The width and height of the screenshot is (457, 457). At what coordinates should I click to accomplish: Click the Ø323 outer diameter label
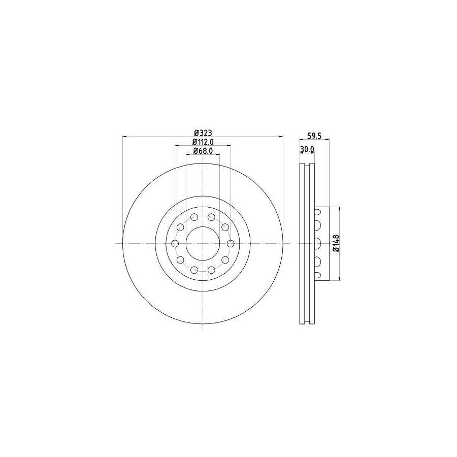click(x=203, y=133)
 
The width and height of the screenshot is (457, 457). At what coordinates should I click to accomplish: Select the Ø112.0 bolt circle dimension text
click(x=203, y=142)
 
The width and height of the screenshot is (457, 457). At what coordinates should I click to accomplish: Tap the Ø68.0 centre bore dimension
click(x=203, y=151)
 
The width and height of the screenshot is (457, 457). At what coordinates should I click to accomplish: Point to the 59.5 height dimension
click(x=314, y=136)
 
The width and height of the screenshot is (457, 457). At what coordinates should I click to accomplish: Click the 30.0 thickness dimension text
click(x=307, y=149)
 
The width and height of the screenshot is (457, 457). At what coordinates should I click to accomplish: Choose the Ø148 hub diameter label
click(x=336, y=243)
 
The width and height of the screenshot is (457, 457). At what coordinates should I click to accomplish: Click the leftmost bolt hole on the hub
click(x=175, y=243)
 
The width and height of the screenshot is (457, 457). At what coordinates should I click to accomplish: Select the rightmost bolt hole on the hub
click(x=231, y=243)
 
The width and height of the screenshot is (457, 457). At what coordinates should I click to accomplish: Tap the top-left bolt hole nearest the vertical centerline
click(x=194, y=217)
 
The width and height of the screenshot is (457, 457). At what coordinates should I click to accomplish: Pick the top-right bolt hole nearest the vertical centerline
click(x=211, y=217)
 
